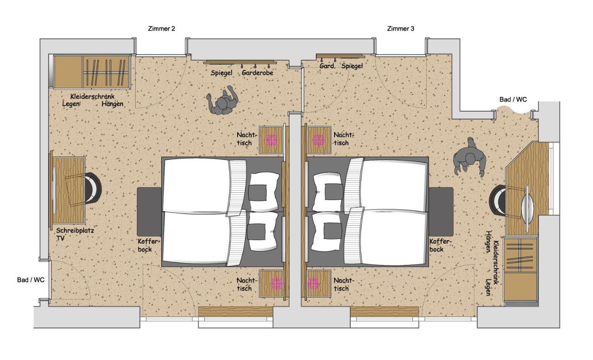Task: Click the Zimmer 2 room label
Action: pyautogui.click(x=162, y=29)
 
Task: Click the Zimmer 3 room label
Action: pyautogui.click(x=401, y=29)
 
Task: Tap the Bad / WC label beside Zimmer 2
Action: pyautogui.click(x=31, y=280)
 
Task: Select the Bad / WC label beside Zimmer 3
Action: pyautogui.click(x=513, y=100)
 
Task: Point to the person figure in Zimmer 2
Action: pyautogui.click(x=223, y=101)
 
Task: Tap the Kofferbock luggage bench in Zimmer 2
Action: pyautogui.click(x=149, y=212)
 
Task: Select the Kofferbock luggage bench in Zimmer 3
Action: pyautogui.click(x=441, y=212)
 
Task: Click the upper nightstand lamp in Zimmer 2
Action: pyautogui.click(x=271, y=140)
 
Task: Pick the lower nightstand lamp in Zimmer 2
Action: pyautogui.click(x=277, y=284)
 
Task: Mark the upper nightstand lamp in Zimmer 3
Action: pyautogui.click(x=318, y=140)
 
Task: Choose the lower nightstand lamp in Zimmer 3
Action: pyautogui.click(x=313, y=284)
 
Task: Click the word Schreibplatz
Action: pyautogui.click(x=75, y=230)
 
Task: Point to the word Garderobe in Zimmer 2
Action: pyautogui.click(x=257, y=73)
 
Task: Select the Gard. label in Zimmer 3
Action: pyautogui.click(x=327, y=66)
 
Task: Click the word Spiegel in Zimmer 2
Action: pyautogui.click(x=221, y=73)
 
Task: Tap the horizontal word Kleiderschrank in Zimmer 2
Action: pyautogui.click(x=92, y=96)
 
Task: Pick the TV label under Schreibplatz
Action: pyautogui.click(x=60, y=238)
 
